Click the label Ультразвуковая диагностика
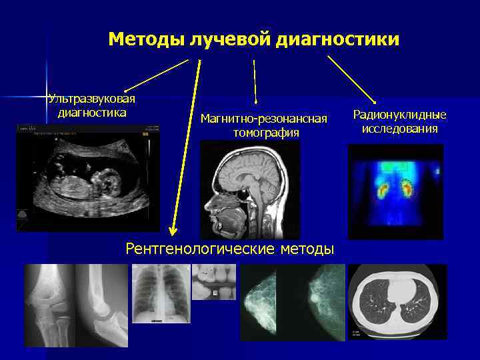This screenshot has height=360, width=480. tap(92, 105)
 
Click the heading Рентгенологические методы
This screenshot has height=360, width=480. tap(230, 249)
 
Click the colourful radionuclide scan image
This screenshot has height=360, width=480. tap(395, 192)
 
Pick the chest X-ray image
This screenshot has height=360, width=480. tap(161, 294)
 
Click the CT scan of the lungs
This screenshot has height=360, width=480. tap(397, 301)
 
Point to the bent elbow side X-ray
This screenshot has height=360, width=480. tap(101, 305)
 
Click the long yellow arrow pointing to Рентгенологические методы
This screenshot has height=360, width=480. tap(185, 147)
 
